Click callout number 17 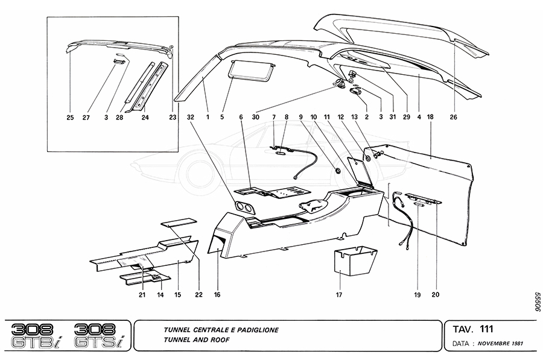coord(339,295)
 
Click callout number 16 coord(217,295)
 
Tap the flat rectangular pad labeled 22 coord(178,223)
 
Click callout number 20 coord(434,295)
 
